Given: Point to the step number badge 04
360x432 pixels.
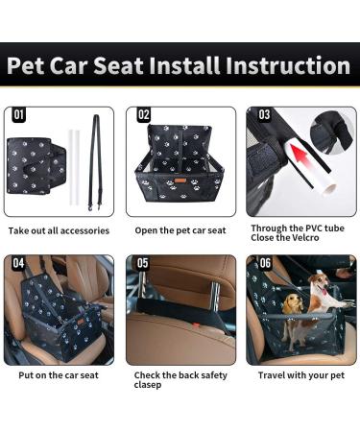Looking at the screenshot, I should click(x=20, y=263).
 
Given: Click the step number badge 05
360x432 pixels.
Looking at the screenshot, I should click(x=143, y=263).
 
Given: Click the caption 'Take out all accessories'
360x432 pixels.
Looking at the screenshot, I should click(x=59, y=231).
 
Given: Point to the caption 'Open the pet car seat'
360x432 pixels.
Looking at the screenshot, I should click(x=180, y=231).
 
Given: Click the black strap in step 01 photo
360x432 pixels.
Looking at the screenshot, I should click(x=94, y=154).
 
